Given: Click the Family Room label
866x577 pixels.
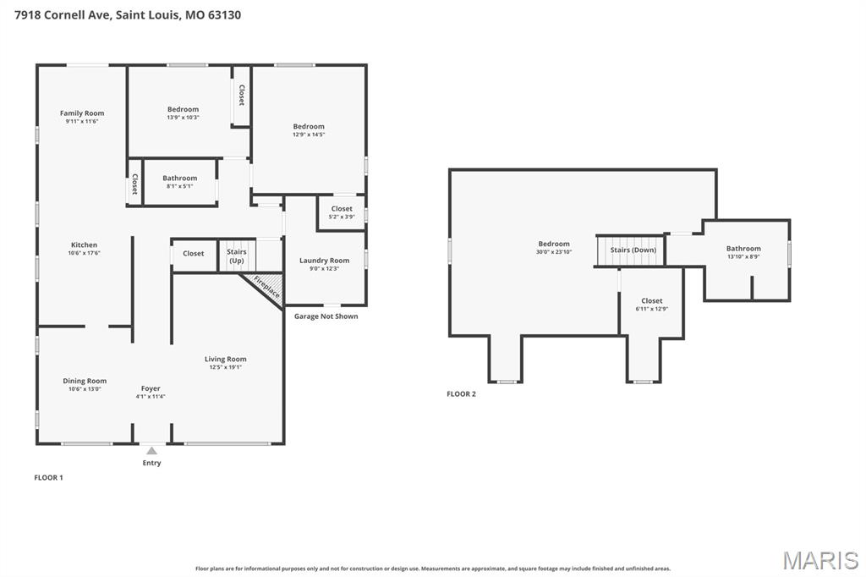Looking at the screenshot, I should [82, 113].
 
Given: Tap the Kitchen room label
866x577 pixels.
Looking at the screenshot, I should [84, 245].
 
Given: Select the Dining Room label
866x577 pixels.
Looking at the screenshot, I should [85, 381].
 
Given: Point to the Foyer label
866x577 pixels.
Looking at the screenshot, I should [151, 388].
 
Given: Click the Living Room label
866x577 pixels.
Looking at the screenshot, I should [225, 359].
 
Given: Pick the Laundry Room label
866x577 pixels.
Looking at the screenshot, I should [324, 261].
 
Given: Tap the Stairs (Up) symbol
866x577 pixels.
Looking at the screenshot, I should [237, 256].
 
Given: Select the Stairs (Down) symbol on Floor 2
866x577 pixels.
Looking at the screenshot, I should [633, 250].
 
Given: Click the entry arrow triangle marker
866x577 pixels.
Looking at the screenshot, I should [151, 451].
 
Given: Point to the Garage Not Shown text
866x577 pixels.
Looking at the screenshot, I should [326, 316].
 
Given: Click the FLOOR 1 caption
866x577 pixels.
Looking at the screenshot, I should [48, 478].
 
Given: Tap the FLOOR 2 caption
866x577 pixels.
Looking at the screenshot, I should [461, 394].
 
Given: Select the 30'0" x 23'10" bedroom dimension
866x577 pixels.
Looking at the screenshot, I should [553, 252].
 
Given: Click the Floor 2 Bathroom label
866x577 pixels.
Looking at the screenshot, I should [743, 249].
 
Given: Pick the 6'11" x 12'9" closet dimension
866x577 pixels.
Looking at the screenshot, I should [651, 309].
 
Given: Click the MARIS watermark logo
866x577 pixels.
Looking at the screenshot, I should [819, 560].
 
